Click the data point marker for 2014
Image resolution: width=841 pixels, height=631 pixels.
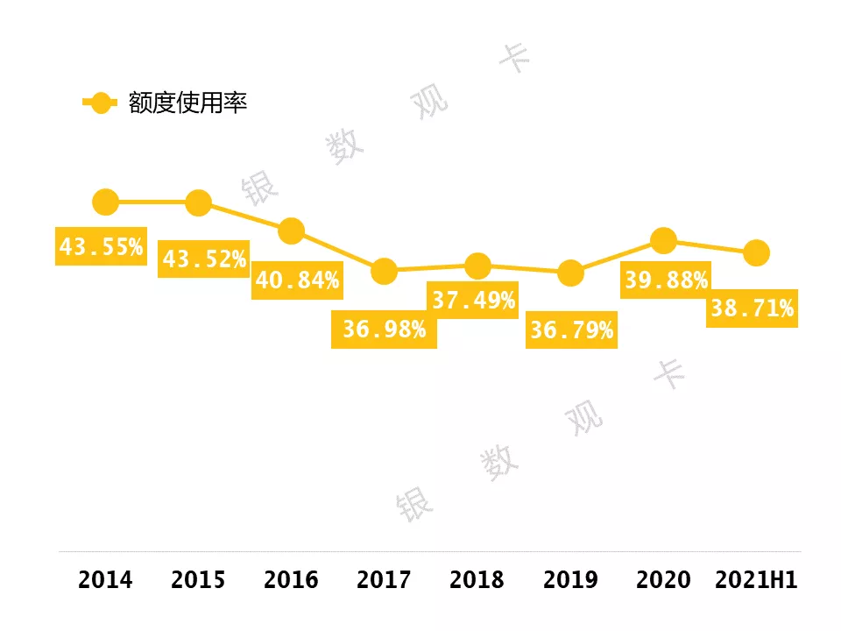click(105, 202)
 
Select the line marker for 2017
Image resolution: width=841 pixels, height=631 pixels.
click(384, 271)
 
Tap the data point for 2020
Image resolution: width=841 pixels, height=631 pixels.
click(664, 239)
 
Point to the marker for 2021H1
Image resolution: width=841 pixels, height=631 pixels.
click(756, 253)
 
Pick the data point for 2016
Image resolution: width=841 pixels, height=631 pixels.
click(291, 230)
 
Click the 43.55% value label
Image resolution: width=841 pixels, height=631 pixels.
click(101, 247)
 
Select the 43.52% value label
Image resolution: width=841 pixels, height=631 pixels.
click(203, 259)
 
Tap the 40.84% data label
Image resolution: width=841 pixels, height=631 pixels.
click(297, 281)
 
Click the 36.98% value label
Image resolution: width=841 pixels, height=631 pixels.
click(384, 330)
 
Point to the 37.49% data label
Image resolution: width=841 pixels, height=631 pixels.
click(473, 301)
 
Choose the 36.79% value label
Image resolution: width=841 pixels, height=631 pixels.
click(571, 331)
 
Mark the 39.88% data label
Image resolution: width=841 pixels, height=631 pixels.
click(666, 280)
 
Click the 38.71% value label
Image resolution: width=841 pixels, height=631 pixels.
click(752, 308)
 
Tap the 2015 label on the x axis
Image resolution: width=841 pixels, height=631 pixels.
click(198, 580)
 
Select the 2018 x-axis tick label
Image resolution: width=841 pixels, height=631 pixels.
click(477, 580)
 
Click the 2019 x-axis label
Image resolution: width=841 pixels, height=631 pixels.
click(570, 580)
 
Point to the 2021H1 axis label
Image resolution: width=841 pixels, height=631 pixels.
click(756, 580)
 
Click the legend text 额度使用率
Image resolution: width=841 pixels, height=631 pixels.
click(187, 103)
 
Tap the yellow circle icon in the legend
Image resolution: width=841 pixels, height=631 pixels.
click(100, 103)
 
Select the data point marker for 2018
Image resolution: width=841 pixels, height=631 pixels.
click(477, 266)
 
